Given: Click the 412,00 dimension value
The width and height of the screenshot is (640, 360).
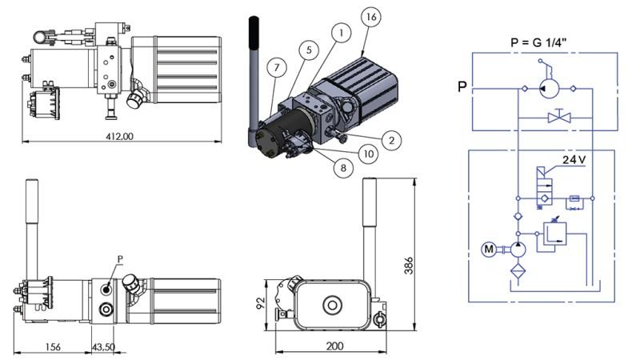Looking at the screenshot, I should (118, 137).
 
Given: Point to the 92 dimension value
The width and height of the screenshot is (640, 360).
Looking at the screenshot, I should (261, 303).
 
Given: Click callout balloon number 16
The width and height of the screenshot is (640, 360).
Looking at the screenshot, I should (370, 16).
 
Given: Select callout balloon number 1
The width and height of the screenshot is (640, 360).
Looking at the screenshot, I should (341, 34).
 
